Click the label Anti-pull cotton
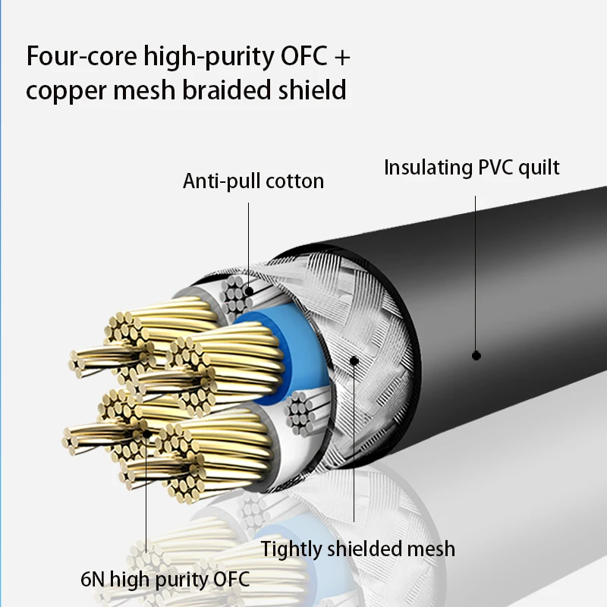(253, 181)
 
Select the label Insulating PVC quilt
(472, 167)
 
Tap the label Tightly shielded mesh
(358, 549)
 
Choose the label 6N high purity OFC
(165, 580)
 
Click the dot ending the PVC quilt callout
(476, 354)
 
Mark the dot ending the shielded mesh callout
(354, 361)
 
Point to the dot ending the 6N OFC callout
(146, 433)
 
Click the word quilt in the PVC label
(539, 167)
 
